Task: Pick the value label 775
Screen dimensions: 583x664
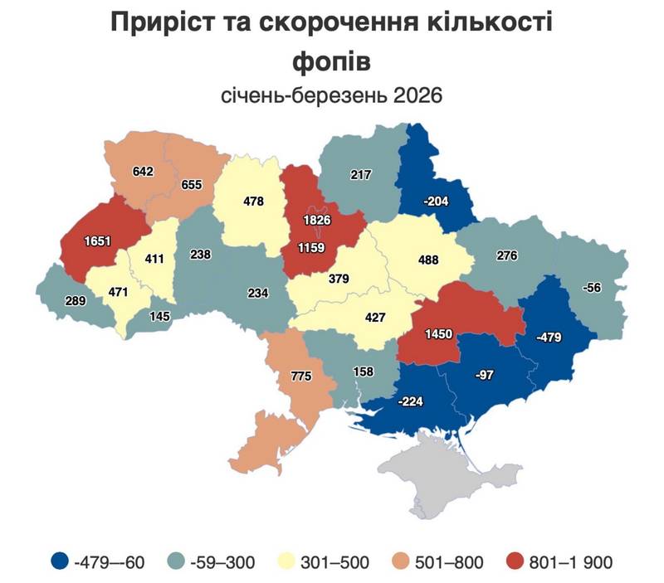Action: (300, 377)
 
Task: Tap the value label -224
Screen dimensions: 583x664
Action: (413, 401)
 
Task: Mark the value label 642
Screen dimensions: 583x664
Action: (144, 172)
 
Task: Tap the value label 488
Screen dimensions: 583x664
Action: (429, 259)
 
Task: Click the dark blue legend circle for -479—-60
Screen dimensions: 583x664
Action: (60, 562)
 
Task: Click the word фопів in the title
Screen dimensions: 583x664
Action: (331, 61)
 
